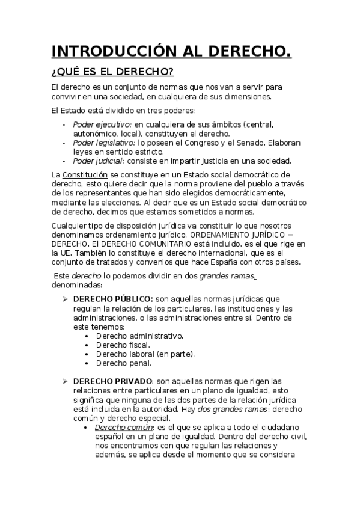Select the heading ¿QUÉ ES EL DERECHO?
pos(112,72)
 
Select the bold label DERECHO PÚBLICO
pos(112,299)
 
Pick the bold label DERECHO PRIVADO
pos(112,381)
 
